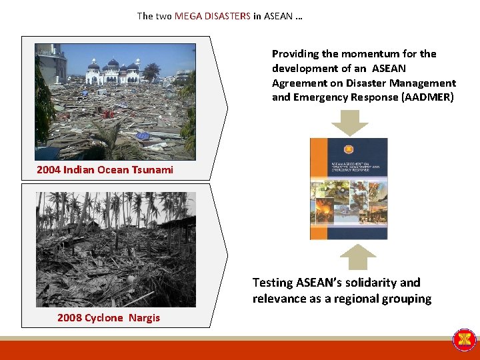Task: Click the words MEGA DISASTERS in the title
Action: [x=213, y=15]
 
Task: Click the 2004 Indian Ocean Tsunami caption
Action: [x=105, y=169]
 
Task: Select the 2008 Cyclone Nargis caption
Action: [x=109, y=317]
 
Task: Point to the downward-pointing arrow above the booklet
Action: [x=349, y=122]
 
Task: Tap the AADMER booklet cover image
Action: [x=348, y=189]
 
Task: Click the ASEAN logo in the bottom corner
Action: [x=464, y=339]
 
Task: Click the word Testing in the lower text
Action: [x=272, y=282]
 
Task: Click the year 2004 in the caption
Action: [x=49, y=169]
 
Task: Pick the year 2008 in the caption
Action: [x=70, y=317]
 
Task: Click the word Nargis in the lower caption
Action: [x=143, y=317]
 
